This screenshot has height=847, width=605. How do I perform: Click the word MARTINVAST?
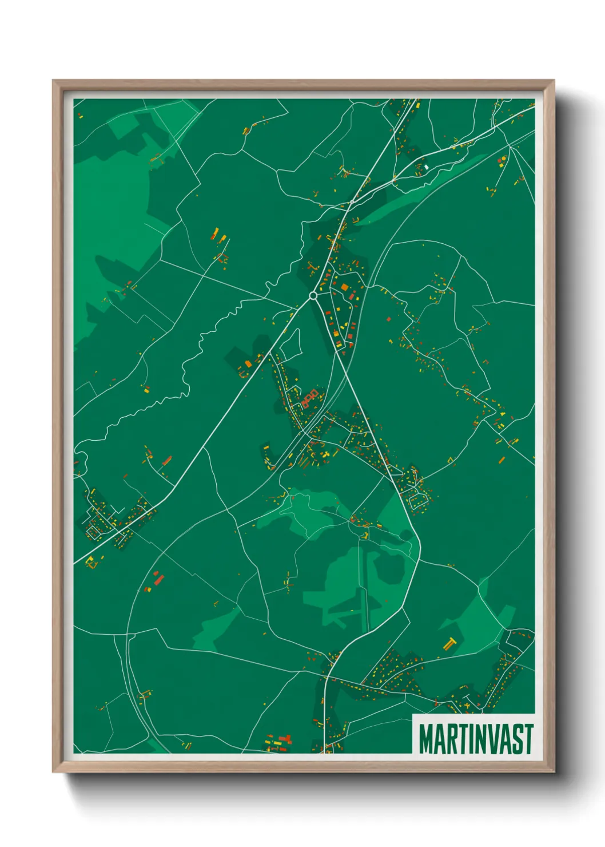point(476,739)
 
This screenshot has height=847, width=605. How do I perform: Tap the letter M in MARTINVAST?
point(426,739)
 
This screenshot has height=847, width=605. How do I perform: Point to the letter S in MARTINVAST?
point(518,739)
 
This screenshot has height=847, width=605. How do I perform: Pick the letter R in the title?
point(451,739)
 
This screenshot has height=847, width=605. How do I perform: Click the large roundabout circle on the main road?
point(313,295)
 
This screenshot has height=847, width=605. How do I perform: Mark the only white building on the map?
point(426,167)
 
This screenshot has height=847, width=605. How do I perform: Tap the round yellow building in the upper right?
point(503,159)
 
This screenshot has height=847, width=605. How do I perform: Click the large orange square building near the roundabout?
point(344,287)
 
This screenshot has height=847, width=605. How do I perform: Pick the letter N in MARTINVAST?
point(483,739)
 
